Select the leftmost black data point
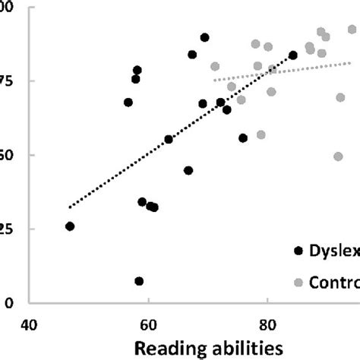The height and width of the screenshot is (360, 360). [x=70, y=226]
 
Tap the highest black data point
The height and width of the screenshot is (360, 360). [x=204, y=37]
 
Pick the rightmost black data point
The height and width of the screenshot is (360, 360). [x=292, y=55]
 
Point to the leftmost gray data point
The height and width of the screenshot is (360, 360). [x=215, y=67]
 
